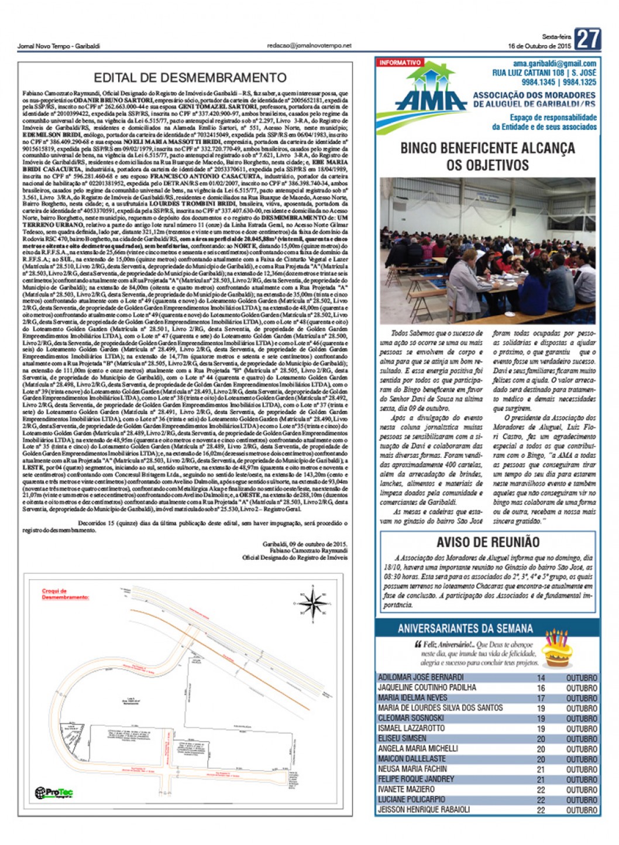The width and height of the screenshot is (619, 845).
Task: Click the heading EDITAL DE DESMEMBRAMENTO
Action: (190, 78)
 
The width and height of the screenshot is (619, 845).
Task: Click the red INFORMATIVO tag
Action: (400, 63)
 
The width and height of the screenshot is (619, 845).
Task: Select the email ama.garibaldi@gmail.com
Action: (555, 64)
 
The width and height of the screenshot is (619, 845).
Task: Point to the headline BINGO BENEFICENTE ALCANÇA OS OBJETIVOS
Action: (487, 156)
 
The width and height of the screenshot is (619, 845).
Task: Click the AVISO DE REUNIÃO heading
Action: (487, 542)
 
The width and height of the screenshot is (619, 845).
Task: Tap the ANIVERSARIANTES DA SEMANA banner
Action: (465, 628)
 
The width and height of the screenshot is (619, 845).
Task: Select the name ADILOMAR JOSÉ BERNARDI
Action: (421, 678)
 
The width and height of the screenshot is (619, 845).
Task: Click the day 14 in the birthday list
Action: (541, 678)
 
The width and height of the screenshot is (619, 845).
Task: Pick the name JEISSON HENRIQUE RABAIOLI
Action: (424, 810)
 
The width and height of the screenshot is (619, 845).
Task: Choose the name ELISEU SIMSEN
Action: (402, 738)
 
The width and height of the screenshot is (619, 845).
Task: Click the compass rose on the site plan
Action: (312, 601)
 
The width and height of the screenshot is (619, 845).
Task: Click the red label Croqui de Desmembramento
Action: (65, 594)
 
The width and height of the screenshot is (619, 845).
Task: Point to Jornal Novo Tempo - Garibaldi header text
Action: (59, 46)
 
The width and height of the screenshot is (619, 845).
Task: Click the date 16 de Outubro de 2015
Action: (539, 46)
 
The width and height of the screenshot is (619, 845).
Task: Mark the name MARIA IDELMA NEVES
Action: (412, 698)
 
